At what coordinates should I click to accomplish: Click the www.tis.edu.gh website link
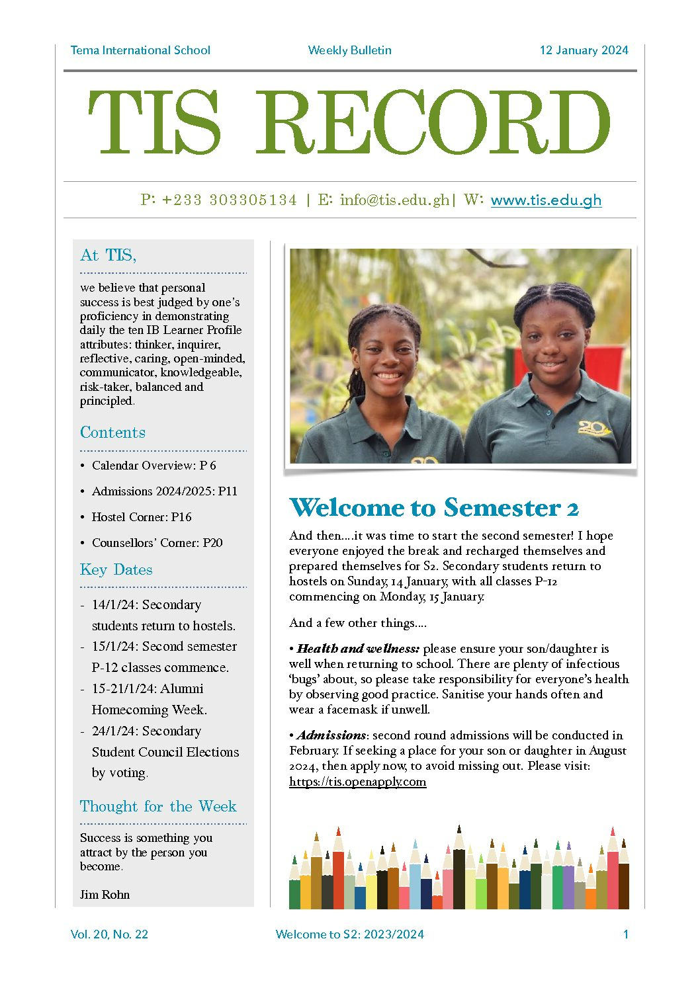click(546, 200)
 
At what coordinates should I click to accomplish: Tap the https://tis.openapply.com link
click(357, 782)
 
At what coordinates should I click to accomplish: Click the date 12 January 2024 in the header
click(584, 50)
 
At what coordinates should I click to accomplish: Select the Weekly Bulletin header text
click(349, 50)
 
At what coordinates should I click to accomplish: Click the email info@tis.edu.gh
click(394, 200)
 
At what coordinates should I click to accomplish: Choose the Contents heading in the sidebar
click(112, 433)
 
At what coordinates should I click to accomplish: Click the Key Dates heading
click(116, 570)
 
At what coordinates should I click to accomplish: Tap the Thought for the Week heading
click(158, 807)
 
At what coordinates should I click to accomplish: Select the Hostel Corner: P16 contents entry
click(142, 517)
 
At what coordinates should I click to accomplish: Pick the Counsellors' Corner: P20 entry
click(157, 543)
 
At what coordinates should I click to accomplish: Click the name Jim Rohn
click(105, 895)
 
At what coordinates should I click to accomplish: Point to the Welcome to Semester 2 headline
click(434, 508)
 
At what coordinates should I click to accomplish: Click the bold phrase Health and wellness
click(358, 649)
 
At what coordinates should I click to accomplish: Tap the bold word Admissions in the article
click(331, 735)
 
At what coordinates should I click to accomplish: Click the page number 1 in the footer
click(625, 934)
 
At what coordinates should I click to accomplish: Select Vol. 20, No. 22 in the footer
click(109, 934)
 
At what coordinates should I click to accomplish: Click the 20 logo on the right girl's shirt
click(593, 429)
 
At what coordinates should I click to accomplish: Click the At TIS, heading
click(108, 256)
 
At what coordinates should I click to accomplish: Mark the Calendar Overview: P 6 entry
click(153, 466)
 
